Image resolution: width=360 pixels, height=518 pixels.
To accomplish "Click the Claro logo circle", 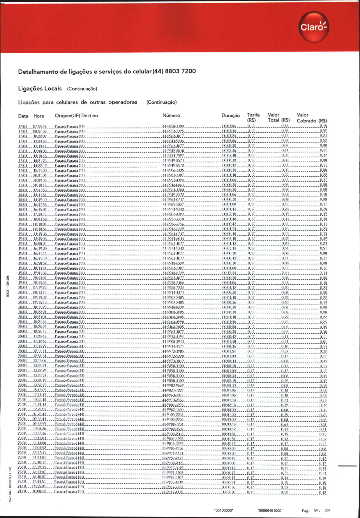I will pyautogui.click(x=314, y=27).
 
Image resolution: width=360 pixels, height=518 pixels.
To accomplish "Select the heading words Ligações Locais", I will pyautogui.click(x=40, y=88).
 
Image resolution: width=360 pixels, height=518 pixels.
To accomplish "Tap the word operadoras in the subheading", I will pyautogui.click(x=123, y=102).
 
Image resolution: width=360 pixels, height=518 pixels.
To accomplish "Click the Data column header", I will pyautogui.click(x=23, y=116).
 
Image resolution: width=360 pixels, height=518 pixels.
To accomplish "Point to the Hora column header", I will pyautogui.click(x=39, y=116).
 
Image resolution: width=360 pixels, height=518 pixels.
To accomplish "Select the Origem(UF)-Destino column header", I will pyautogui.click(x=76, y=116).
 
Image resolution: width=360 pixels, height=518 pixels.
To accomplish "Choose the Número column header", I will pyautogui.click(x=171, y=115).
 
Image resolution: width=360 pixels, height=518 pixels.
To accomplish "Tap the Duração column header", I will pyautogui.click(x=230, y=116).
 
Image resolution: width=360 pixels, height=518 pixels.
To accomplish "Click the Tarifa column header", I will pyautogui.click(x=253, y=115).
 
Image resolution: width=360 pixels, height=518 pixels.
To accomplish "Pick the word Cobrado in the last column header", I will pyautogui.click(x=306, y=121).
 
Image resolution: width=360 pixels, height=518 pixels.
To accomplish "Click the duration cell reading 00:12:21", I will pyautogui.click(x=229, y=273).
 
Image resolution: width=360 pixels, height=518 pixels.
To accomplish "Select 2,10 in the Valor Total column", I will pyautogui.click(x=285, y=273).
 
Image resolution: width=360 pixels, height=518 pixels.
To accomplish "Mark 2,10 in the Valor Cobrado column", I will pyautogui.click(x=323, y=273).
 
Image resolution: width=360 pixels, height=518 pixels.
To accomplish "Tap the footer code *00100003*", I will pyautogui.click(x=224, y=510).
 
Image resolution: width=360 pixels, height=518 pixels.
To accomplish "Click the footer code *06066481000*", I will pyautogui.click(x=270, y=510).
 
